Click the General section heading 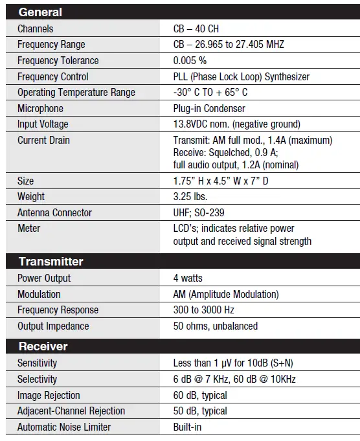[x=40, y=12]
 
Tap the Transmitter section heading [x=51, y=262]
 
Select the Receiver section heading [x=43, y=346]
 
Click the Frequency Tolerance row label [x=58, y=61]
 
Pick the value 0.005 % [x=190, y=61]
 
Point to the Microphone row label [x=40, y=109]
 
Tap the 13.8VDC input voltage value [x=236, y=124]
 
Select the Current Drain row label [x=43, y=140]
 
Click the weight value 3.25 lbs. [x=190, y=196]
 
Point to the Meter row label [x=28, y=228]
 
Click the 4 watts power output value [x=188, y=278]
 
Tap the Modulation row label [x=39, y=294]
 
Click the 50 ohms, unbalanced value [x=216, y=326]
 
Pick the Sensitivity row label [x=37, y=363]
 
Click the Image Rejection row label [x=49, y=395]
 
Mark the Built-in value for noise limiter [x=187, y=427]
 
